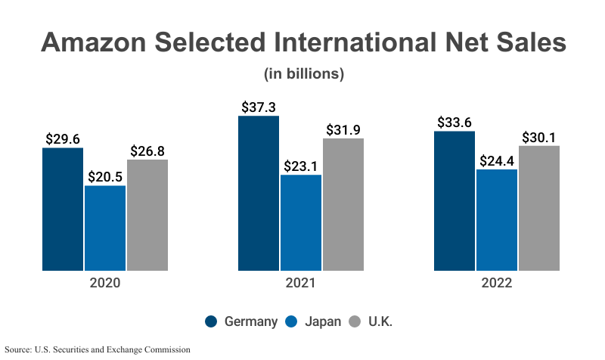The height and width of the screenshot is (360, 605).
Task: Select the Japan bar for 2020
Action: [105, 228]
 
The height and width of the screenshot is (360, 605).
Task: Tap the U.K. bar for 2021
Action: [343, 204]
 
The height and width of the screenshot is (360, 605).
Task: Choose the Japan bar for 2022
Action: [497, 219]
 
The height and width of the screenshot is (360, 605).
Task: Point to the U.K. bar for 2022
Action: [539, 208]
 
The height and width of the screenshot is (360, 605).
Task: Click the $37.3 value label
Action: [259, 107]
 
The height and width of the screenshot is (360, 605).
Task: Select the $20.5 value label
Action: [105, 177]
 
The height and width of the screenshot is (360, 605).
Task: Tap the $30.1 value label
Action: [539, 138]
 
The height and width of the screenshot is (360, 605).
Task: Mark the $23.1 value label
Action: [301, 166]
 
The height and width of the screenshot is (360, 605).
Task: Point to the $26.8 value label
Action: [147, 151]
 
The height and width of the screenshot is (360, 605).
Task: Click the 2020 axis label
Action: [105, 284]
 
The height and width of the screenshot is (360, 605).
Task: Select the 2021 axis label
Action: [301, 284]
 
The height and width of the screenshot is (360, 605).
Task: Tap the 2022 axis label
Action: [497, 284]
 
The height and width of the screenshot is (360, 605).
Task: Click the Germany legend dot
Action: [212, 321]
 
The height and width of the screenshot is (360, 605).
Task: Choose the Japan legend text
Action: [323, 321]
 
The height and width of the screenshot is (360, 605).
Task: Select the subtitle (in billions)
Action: [304, 74]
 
